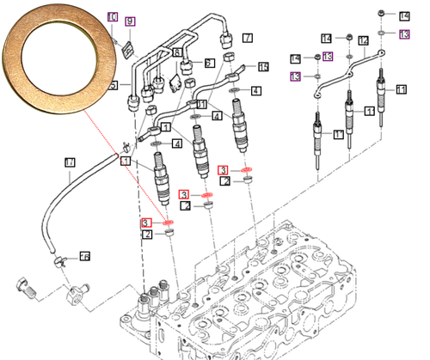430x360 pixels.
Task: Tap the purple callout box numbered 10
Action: pyautogui.click(x=113, y=17)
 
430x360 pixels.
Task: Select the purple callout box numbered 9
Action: pyautogui.click(x=130, y=21)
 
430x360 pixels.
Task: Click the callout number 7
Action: pyautogui.click(x=247, y=38)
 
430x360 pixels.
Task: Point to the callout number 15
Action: pyautogui.click(x=263, y=66)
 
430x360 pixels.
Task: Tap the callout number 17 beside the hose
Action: pyautogui.click(x=71, y=162)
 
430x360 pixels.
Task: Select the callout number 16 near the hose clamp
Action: pyautogui.click(x=84, y=256)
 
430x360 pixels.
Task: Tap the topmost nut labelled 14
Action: pyautogui.click(x=382, y=14)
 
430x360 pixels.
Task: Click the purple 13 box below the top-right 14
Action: pyautogui.click(x=404, y=34)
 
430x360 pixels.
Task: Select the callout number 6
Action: pyautogui.click(x=209, y=63)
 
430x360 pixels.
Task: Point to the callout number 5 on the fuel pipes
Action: pyautogui.click(x=113, y=83)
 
